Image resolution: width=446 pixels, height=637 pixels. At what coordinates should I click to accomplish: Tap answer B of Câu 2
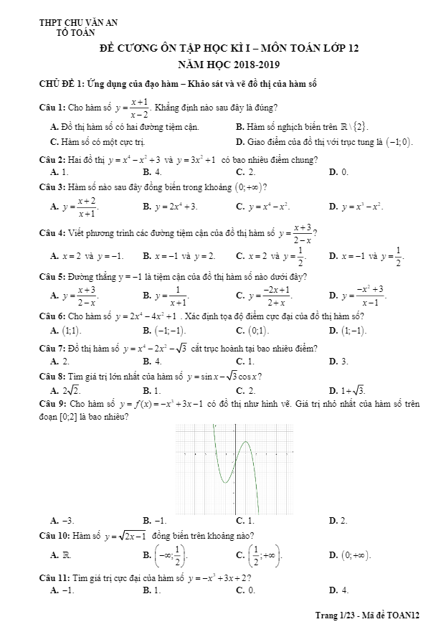click(152, 172)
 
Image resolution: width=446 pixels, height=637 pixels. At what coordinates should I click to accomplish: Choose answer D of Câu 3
click(356, 207)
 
